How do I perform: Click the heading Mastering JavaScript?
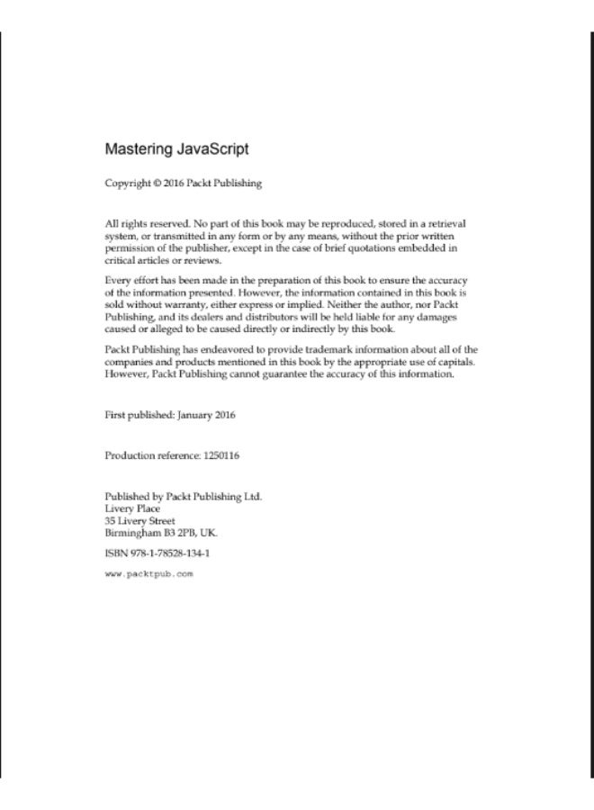[176, 148]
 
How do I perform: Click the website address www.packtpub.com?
[149, 573]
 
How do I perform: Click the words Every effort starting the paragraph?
[131, 280]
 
